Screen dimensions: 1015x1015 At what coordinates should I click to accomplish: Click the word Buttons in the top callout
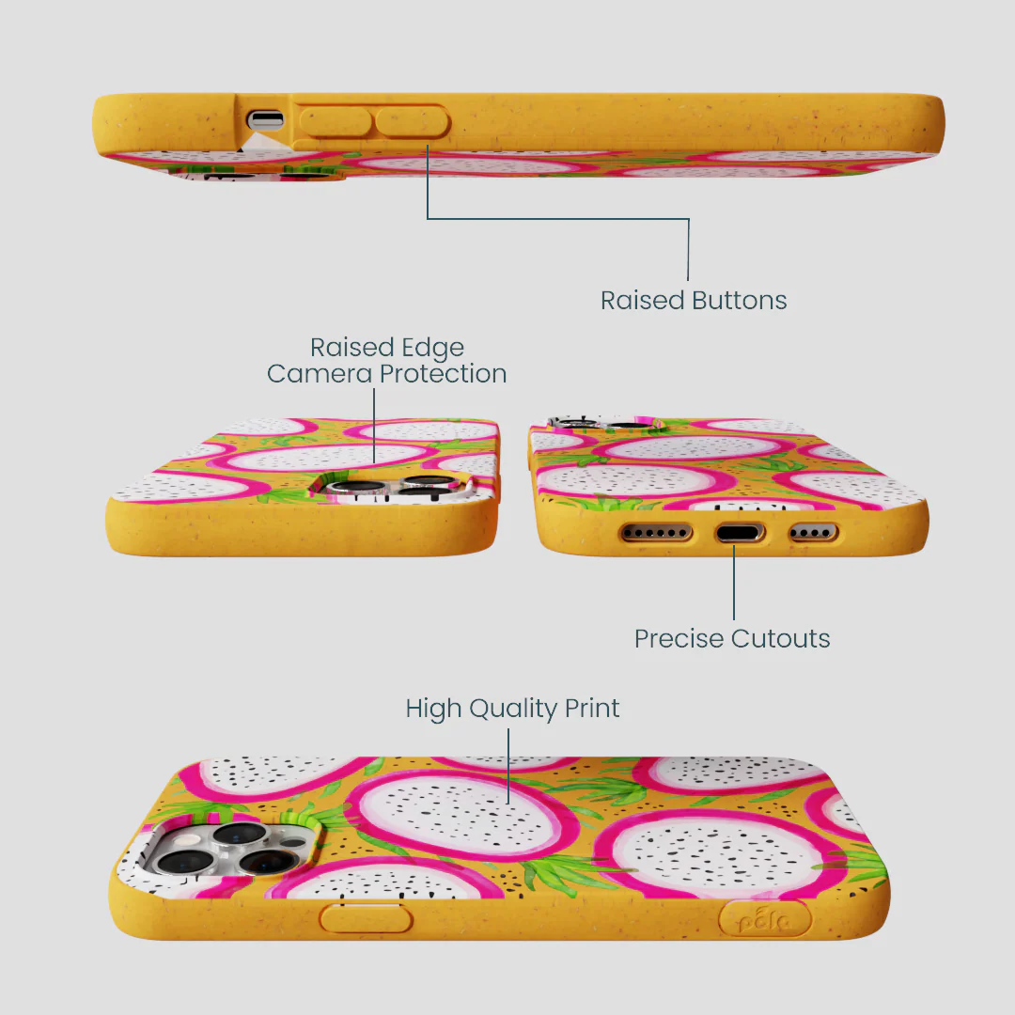(x=740, y=301)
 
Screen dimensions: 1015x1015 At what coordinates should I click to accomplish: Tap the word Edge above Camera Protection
(x=432, y=349)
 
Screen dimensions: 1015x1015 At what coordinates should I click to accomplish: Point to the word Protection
(x=443, y=373)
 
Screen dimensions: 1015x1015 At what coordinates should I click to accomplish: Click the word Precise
(x=679, y=639)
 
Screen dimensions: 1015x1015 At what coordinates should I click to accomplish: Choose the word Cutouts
(x=781, y=639)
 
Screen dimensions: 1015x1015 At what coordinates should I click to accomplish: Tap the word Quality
(x=513, y=710)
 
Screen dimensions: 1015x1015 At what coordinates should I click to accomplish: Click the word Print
(x=592, y=709)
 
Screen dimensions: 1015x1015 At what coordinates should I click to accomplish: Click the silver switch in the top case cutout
(x=266, y=119)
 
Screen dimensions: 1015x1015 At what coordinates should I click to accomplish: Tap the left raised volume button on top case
(x=336, y=122)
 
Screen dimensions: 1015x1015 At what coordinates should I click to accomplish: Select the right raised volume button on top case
(x=412, y=122)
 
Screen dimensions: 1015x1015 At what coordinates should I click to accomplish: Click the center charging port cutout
(x=740, y=534)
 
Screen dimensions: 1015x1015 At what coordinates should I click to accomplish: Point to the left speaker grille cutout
(x=656, y=534)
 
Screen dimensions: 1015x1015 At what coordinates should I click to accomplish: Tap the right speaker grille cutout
(x=813, y=534)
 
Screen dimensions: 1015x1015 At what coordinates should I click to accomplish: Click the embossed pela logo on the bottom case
(x=764, y=919)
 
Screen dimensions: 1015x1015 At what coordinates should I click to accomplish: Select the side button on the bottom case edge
(x=366, y=918)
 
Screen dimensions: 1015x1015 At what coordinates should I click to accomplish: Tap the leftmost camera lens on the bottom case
(x=176, y=862)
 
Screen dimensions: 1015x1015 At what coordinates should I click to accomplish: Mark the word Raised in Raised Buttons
(x=642, y=301)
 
